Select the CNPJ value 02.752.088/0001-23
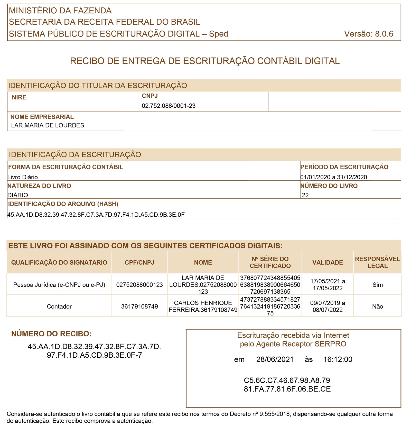click(169, 106)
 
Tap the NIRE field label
click(19, 97)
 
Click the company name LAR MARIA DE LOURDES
click(48, 125)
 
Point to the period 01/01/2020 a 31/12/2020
click(333, 177)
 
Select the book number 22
click(305, 195)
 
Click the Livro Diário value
click(23, 177)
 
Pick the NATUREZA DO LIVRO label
click(39, 186)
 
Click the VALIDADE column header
click(328, 262)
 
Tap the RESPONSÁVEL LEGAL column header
click(377, 262)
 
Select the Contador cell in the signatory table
click(59, 306)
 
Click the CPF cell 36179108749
click(139, 306)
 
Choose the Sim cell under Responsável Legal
click(377, 285)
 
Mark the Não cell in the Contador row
click(377, 306)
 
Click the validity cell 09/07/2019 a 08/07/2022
click(328, 306)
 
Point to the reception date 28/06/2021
click(275, 359)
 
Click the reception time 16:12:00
click(338, 359)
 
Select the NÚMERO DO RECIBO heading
click(51, 334)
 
